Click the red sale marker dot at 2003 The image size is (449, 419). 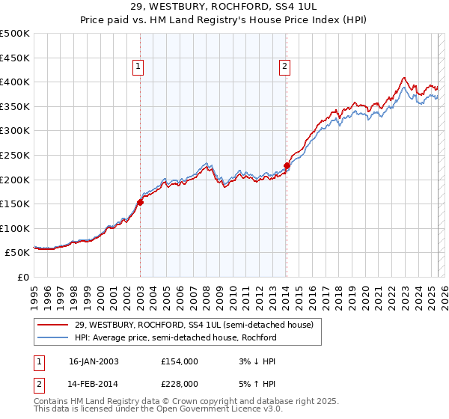coord(140,202)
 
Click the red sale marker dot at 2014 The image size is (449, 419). coord(287,165)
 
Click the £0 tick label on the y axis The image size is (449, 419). coord(22,277)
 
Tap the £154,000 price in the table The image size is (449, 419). coord(180,361)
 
